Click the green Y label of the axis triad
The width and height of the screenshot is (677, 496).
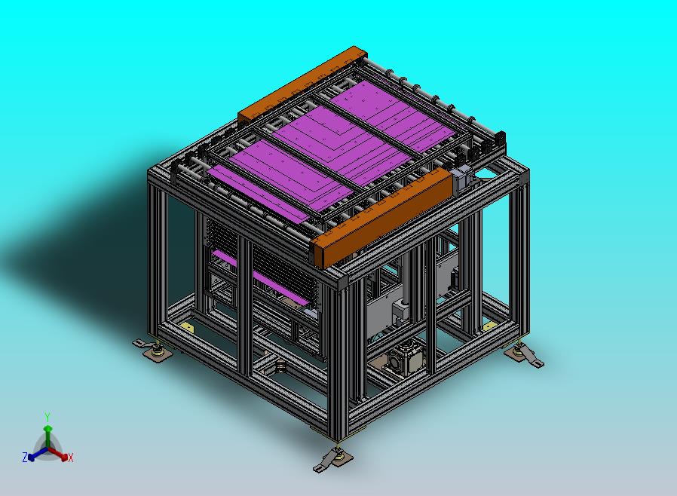pyautogui.click(x=47, y=417)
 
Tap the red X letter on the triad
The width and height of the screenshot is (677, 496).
pyautogui.click(x=70, y=458)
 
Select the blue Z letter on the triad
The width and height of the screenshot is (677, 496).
pyautogui.click(x=25, y=457)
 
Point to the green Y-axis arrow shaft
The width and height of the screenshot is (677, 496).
pyautogui.click(x=48, y=438)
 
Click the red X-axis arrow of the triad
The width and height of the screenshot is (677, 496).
pyautogui.click(x=57, y=453)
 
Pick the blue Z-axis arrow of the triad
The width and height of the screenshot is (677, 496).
pyautogui.click(x=38, y=454)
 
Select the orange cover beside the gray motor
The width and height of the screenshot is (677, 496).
pyautogui.click(x=381, y=218)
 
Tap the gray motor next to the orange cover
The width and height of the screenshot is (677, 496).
pyautogui.click(x=462, y=177)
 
